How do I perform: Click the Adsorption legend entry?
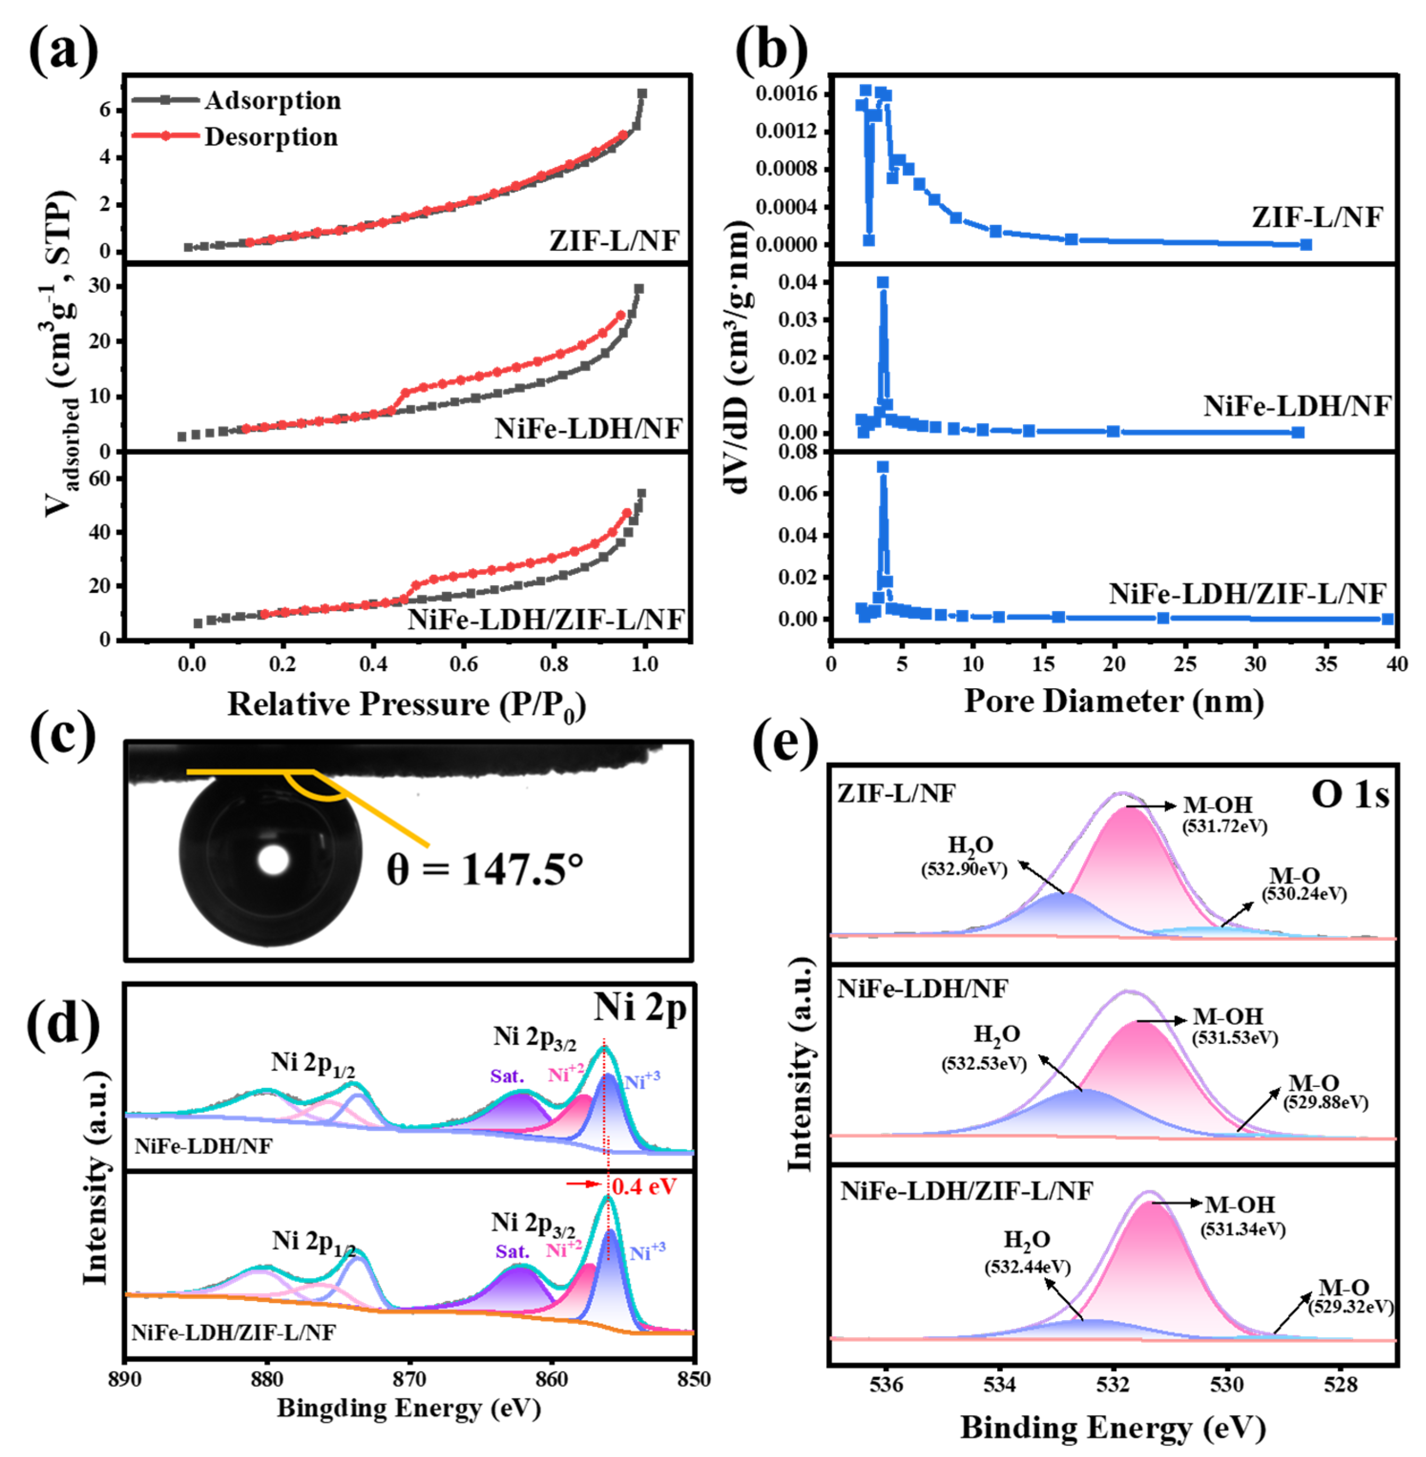[x=273, y=100]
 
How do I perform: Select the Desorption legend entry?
[x=271, y=137]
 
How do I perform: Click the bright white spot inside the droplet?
[x=273, y=860]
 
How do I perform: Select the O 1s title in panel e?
[x=1350, y=794]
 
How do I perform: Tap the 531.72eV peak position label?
[x=1225, y=826]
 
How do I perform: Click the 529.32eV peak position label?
[x=1350, y=1306]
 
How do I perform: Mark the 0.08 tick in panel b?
[x=797, y=452]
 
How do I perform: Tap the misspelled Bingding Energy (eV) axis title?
[x=409, y=1408]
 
